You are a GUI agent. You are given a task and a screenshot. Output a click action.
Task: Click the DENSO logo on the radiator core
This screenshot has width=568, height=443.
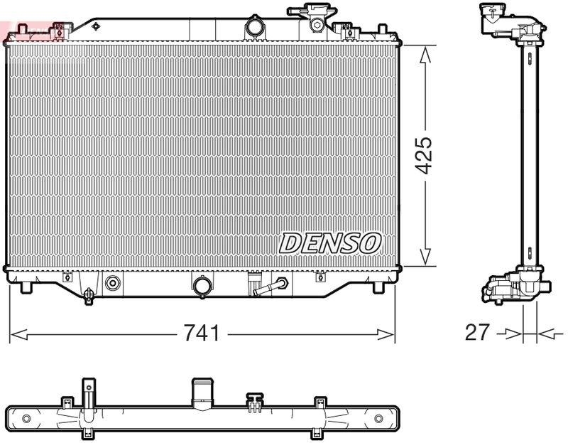point(330,243)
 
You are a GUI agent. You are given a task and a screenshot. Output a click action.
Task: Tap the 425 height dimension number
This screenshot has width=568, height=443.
point(425,155)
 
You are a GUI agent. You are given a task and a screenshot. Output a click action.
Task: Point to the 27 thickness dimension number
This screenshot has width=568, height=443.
point(477,333)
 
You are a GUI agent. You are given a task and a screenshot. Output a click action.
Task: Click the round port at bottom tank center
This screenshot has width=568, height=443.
point(202,286)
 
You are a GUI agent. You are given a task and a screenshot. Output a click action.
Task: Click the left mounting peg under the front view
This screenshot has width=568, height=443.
point(26,287)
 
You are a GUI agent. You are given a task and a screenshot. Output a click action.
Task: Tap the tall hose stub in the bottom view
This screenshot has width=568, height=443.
point(202,392)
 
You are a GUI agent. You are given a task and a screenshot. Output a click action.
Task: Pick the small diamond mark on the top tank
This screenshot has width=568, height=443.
point(95,26)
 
